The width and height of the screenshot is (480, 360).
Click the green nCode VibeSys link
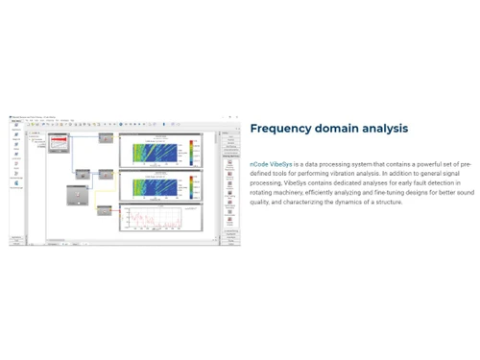point(271,165)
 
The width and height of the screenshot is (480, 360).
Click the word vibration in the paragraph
point(342,174)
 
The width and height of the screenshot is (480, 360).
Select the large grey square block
point(73,195)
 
